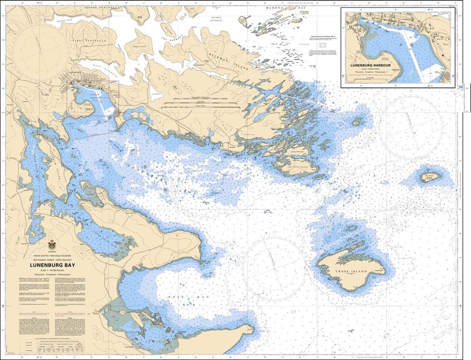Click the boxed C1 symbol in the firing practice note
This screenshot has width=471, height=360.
click(x=322, y=46)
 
